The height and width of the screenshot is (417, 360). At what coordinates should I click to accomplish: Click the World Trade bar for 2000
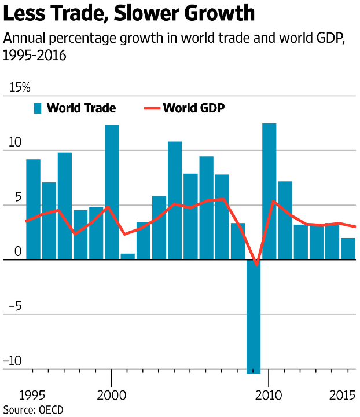pyautogui.click(x=112, y=192)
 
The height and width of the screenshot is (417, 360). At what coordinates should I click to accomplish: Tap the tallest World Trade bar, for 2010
pyautogui.click(x=269, y=191)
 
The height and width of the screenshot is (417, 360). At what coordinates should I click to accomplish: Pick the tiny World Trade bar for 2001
pyautogui.click(x=127, y=257)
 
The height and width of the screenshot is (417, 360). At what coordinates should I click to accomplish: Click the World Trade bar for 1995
pyautogui.click(x=33, y=209)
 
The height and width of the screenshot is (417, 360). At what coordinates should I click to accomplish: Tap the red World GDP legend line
pyautogui.click(x=151, y=108)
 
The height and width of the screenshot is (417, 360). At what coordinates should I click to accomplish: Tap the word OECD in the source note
pyautogui.click(x=51, y=409)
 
